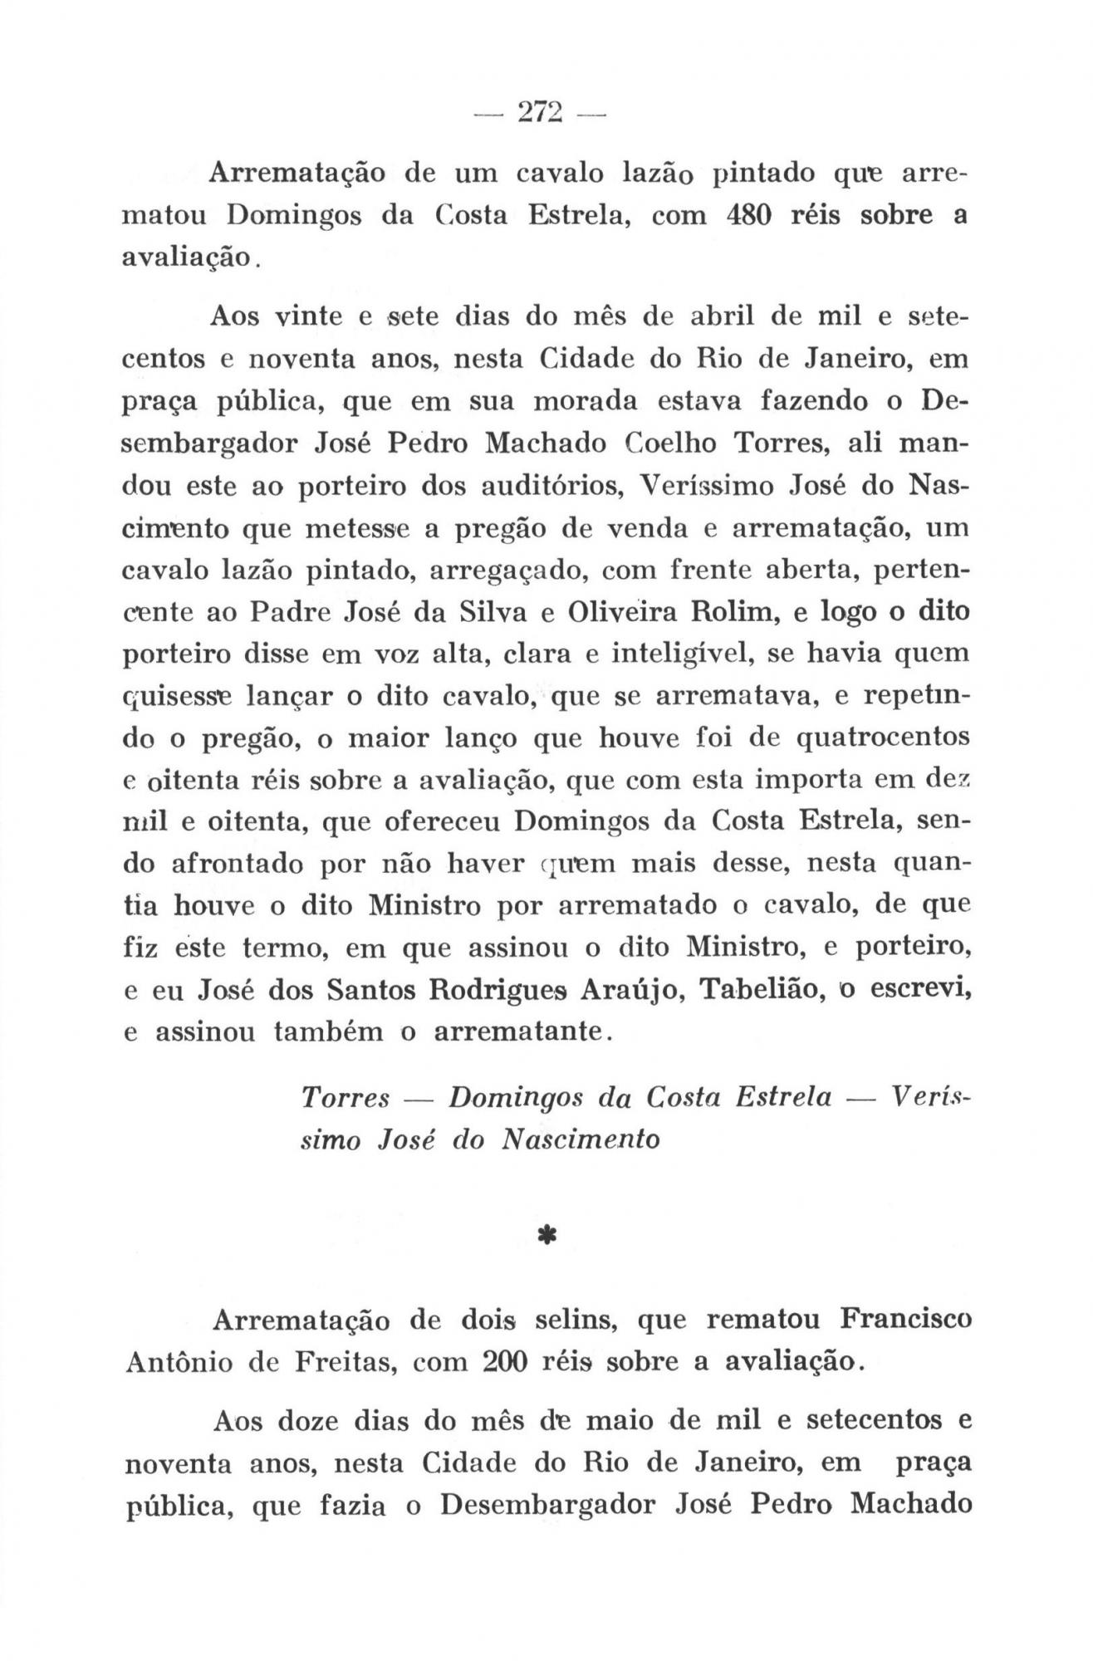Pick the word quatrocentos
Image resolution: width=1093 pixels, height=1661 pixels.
click(x=883, y=737)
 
